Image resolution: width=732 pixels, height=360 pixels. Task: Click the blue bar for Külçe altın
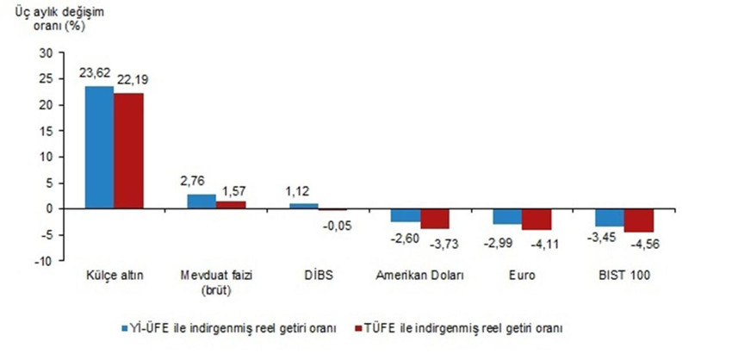pos(99,147)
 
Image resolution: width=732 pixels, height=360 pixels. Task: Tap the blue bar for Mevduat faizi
pos(202,201)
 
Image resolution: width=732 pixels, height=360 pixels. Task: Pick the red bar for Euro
pos(536,219)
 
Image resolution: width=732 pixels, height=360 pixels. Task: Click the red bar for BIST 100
pos(639,220)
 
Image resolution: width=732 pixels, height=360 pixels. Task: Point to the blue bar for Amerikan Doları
pos(406,215)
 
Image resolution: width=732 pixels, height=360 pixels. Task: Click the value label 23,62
pos(98,76)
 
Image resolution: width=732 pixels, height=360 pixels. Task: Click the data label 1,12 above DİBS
pos(302,193)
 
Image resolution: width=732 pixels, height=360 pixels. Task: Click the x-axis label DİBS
pos(317,276)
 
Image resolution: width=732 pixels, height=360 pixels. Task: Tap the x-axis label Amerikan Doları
pos(420,276)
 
